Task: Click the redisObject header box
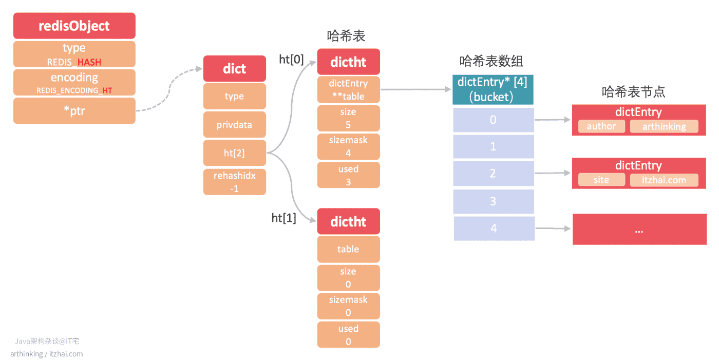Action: click(74, 26)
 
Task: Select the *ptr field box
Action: click(74, 111)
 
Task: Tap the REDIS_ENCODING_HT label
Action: click(74, 90)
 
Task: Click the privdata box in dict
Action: click(234, 124)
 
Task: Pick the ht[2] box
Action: click(234, 153)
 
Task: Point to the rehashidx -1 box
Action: click(234, 182)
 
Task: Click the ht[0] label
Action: click(291, 60)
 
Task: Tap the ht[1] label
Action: click(283, 218)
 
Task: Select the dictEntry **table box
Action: click(348, 90)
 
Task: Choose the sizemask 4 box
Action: click(348, 147)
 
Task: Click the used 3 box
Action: click(348, 175)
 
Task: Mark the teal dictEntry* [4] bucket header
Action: click(493, 90)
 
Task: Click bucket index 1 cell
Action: click(494, 147)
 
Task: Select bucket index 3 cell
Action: click(494, 201)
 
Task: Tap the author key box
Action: click(601, 126)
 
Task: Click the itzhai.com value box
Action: click(664, 180)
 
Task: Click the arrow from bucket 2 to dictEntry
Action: click(552, 173)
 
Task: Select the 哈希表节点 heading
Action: click(633, 92)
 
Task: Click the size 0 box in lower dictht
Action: click(348, 277)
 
